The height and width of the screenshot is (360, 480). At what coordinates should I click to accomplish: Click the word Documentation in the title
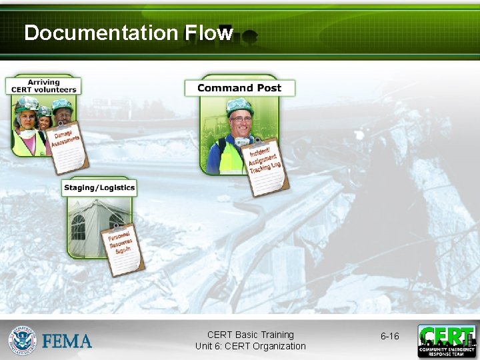tap(100, 33)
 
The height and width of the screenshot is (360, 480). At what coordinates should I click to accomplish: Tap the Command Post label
tap(239, 88)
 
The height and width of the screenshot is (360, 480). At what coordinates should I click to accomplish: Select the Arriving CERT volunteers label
tap(43, 86)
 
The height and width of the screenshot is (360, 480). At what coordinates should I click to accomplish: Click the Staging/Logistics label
tap(99, 188)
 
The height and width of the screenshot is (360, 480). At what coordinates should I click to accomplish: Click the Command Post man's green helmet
tap(239, 106)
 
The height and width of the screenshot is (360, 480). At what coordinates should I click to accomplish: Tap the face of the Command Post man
tap(239, 125)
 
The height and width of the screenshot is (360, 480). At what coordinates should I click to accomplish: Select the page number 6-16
tap(389, 336)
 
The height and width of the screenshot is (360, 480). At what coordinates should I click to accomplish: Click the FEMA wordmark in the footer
tap(67, 341)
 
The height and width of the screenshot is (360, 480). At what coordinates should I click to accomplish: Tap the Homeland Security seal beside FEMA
tap(23, 340)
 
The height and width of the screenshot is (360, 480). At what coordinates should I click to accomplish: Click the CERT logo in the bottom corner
tap(447, 341)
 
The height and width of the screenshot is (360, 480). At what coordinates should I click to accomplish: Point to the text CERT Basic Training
tap(250, 335)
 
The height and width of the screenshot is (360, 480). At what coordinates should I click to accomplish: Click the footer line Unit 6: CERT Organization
tap(250, 346)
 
